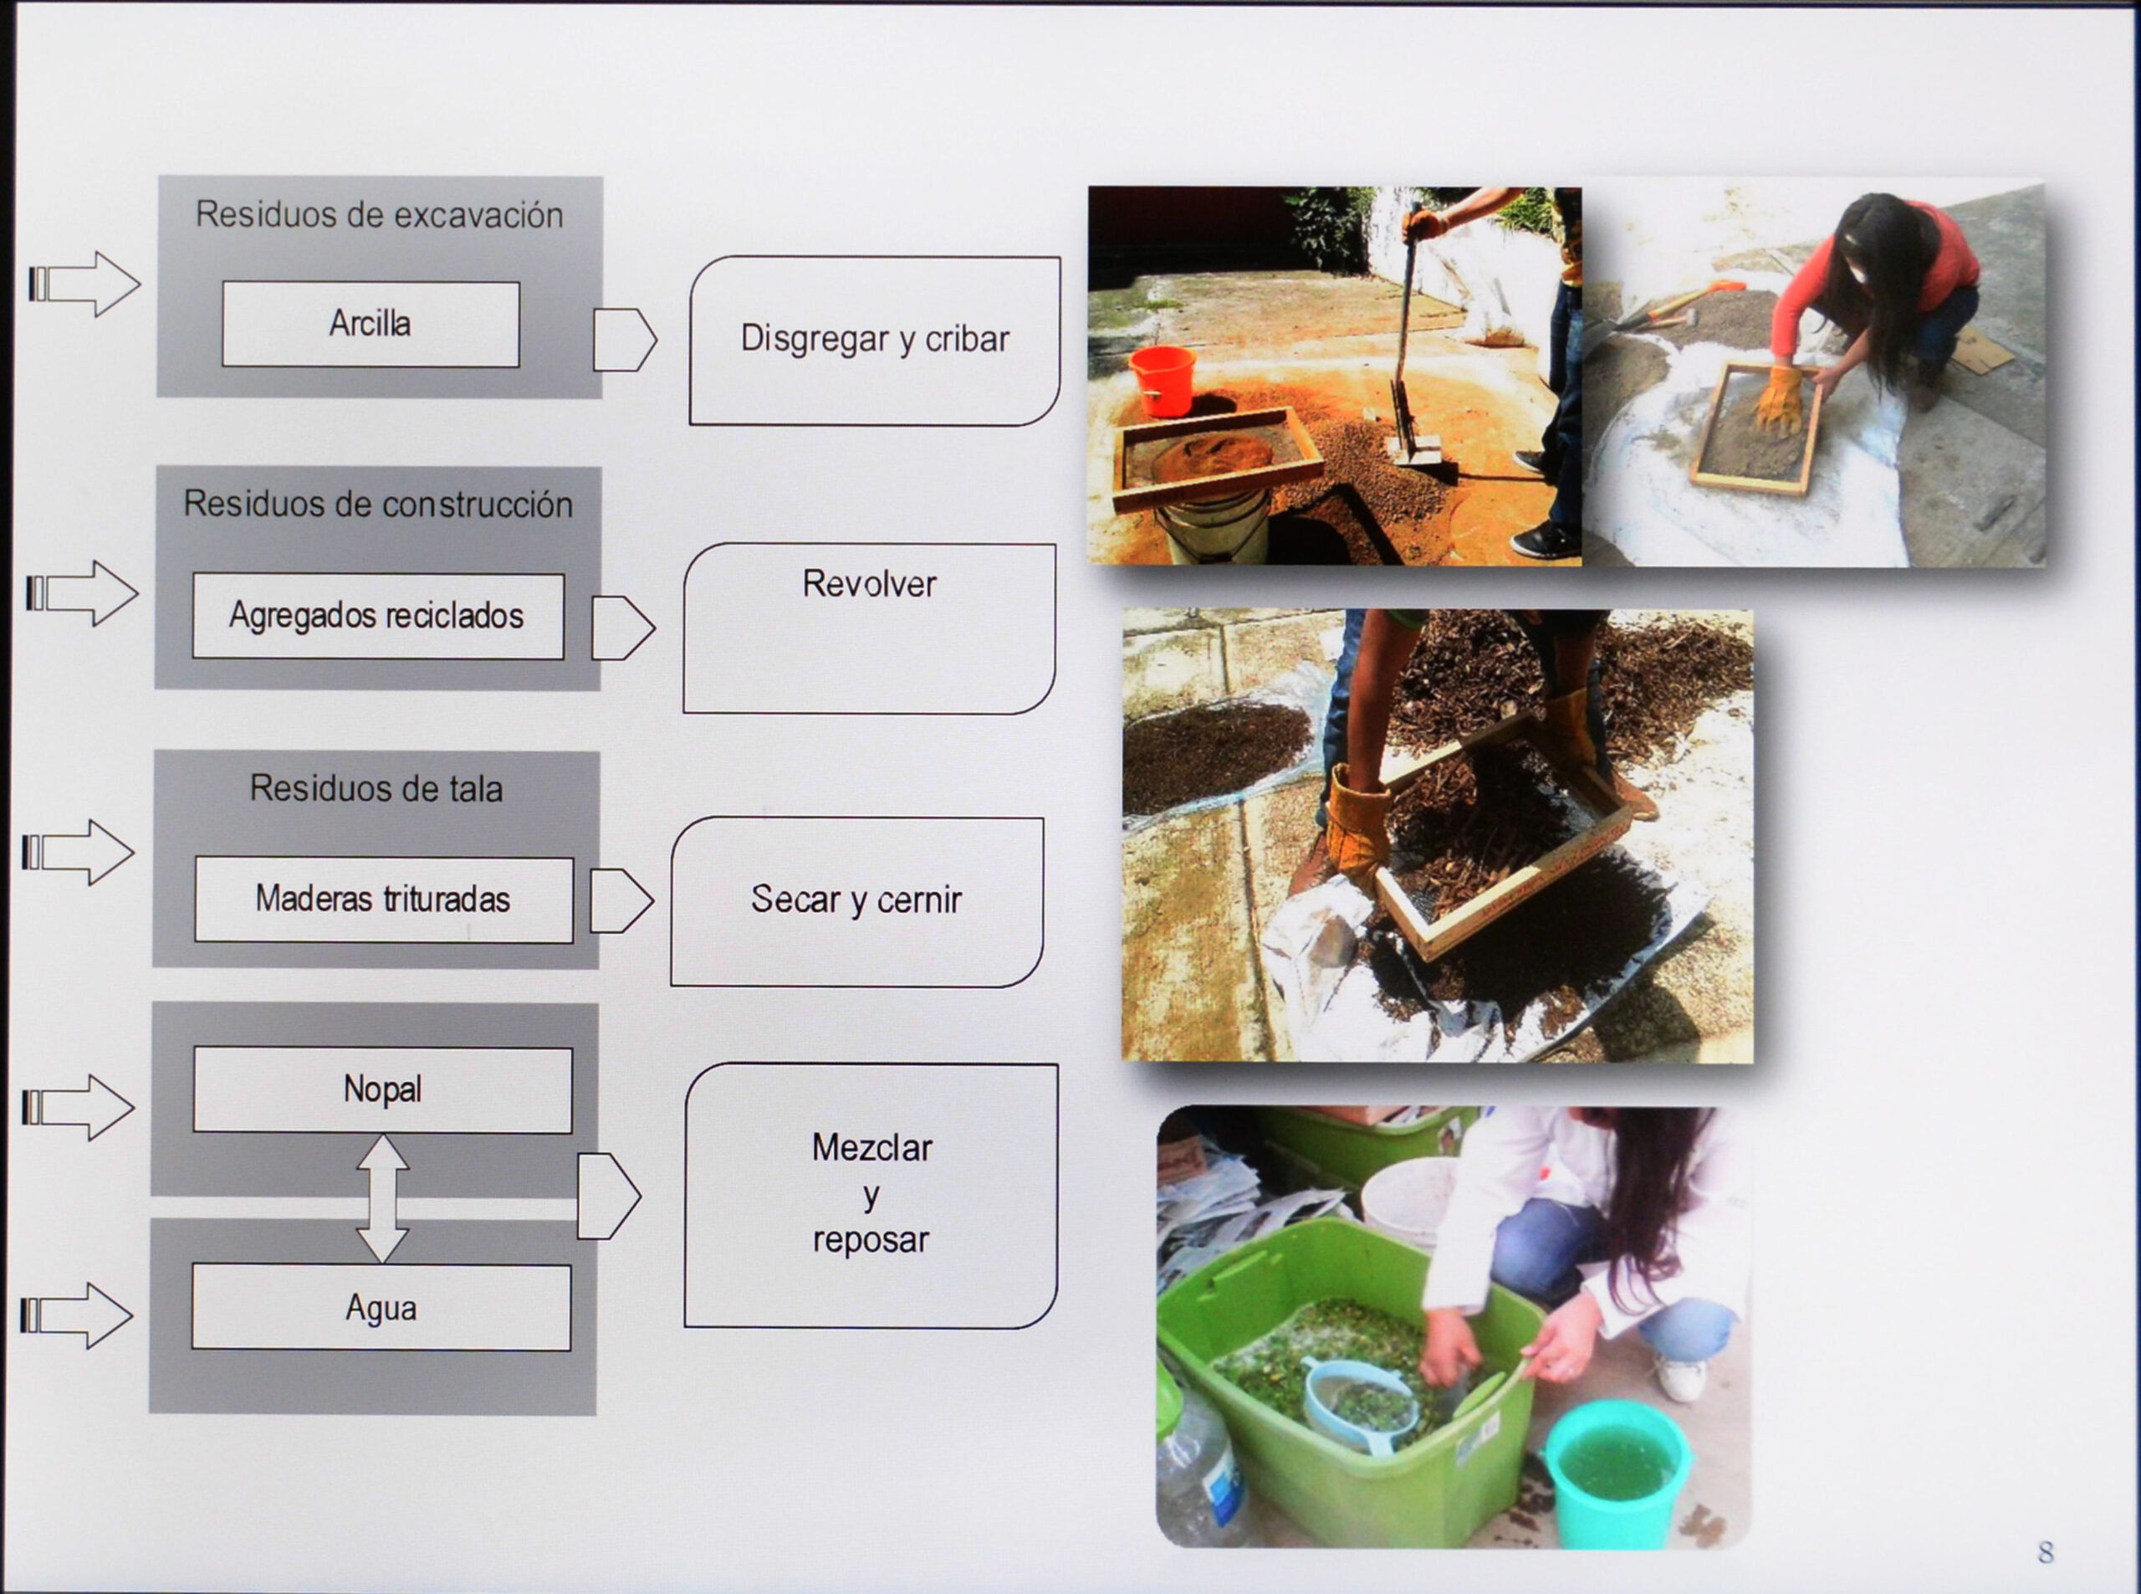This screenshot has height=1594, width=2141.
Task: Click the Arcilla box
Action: [371, 323]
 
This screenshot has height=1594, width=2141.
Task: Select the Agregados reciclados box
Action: [378, 616]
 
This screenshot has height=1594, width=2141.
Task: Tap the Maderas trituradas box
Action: [384, 900]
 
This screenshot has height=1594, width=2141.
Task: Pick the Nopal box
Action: [383, 1089]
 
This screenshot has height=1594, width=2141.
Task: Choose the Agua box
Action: [382, 1308]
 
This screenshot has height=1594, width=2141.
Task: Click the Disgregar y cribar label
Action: [875, 340]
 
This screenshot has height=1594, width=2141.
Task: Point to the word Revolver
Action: [869, 584]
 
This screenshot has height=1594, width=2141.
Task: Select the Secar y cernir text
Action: [856, 900]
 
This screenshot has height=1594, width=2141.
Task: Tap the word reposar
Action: [871, 1240]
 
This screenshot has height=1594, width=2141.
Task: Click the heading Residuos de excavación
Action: [379, 214]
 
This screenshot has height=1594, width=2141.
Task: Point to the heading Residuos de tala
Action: [376, 789]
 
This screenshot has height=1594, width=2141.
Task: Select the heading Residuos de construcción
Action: [378, 504]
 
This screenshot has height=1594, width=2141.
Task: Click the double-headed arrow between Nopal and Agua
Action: [383, 1198]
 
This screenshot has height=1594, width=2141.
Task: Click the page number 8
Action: [2046, 1551]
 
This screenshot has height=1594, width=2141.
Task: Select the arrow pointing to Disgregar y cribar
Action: [625, 340]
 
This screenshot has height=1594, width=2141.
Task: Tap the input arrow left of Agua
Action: [77, 1315]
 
